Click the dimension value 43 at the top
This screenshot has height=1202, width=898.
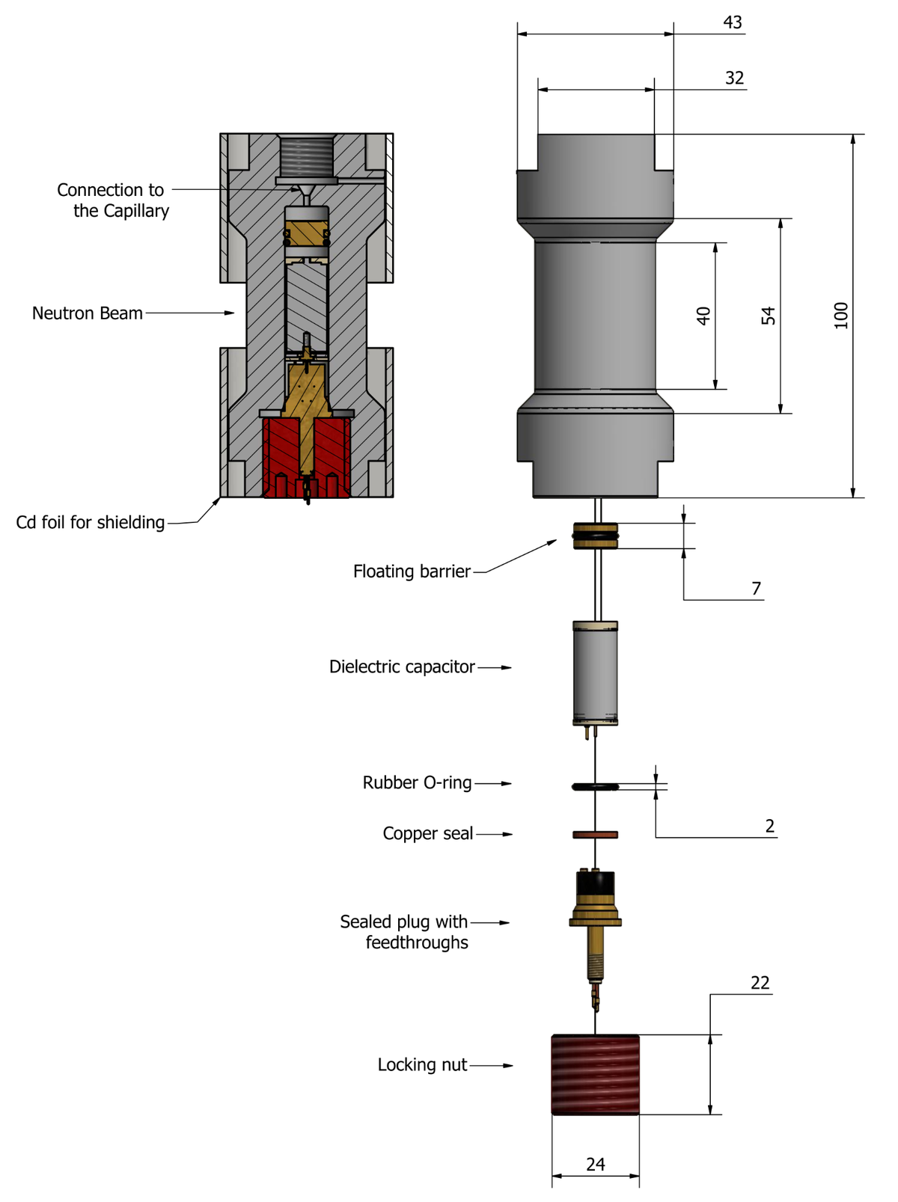pyautogui.click(x=732, y=22)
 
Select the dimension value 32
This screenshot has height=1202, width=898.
pyautogui.click(x=734, y=78)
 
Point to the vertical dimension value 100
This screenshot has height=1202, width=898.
pyautogui.click(x=841, y=315)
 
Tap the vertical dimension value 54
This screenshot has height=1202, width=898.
pyautogui.click(x=769, y=316)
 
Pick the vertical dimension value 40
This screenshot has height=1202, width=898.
pyautogui.click(x=703, y=316)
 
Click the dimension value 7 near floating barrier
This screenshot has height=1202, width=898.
pyautogui.click(x=756, y=589)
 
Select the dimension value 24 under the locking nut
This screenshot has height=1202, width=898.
pyautogui.click(x=596, y=1164)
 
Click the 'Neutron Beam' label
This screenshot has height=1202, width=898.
pyautogui.click(x=87, y=313)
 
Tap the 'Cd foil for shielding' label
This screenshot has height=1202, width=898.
pyautogui.click(x=90, y=522)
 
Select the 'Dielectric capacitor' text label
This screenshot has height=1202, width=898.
pyautogui.click(x=402, y=666)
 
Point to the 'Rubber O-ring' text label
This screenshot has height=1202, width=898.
pyautogui.click(x=417, y=782)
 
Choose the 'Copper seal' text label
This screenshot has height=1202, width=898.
pyautogui.click(x=427, y=833)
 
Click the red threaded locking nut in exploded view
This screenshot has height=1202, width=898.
pyautogui.click(x=596, y=1074)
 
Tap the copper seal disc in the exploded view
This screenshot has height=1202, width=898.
pyautogui.click(x=595, y=834)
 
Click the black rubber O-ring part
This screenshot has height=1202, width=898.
pyautogui.click(x=595, y=786)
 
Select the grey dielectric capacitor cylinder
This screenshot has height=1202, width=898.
pyautogui.click(x=595, y=673)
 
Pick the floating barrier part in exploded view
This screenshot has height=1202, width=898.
pyautogui.click(x=596, y=536)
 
